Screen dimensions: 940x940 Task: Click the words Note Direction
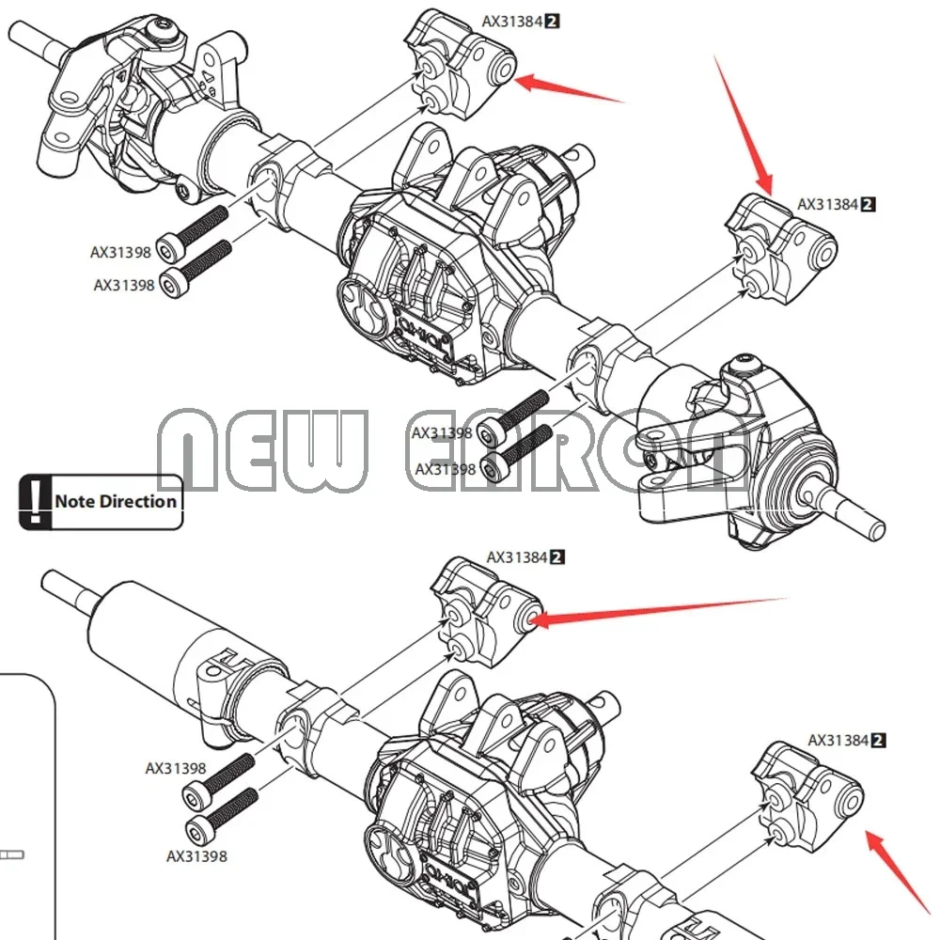click(x=115, y=501)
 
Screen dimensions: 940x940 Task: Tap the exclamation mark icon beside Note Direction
click(x=36, y=501)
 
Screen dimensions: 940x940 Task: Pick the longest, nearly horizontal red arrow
click(x=658, y=608)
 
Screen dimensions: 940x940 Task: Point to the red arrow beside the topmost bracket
click(x=570, y=88)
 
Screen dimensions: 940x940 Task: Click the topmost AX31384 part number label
click(x=512, y=21)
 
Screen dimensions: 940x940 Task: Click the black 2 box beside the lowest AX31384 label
click(x=879, y=741)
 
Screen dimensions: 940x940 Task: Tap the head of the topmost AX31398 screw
click(x=169, y=248)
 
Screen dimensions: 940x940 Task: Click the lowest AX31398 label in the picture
click(x=196, y=856)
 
